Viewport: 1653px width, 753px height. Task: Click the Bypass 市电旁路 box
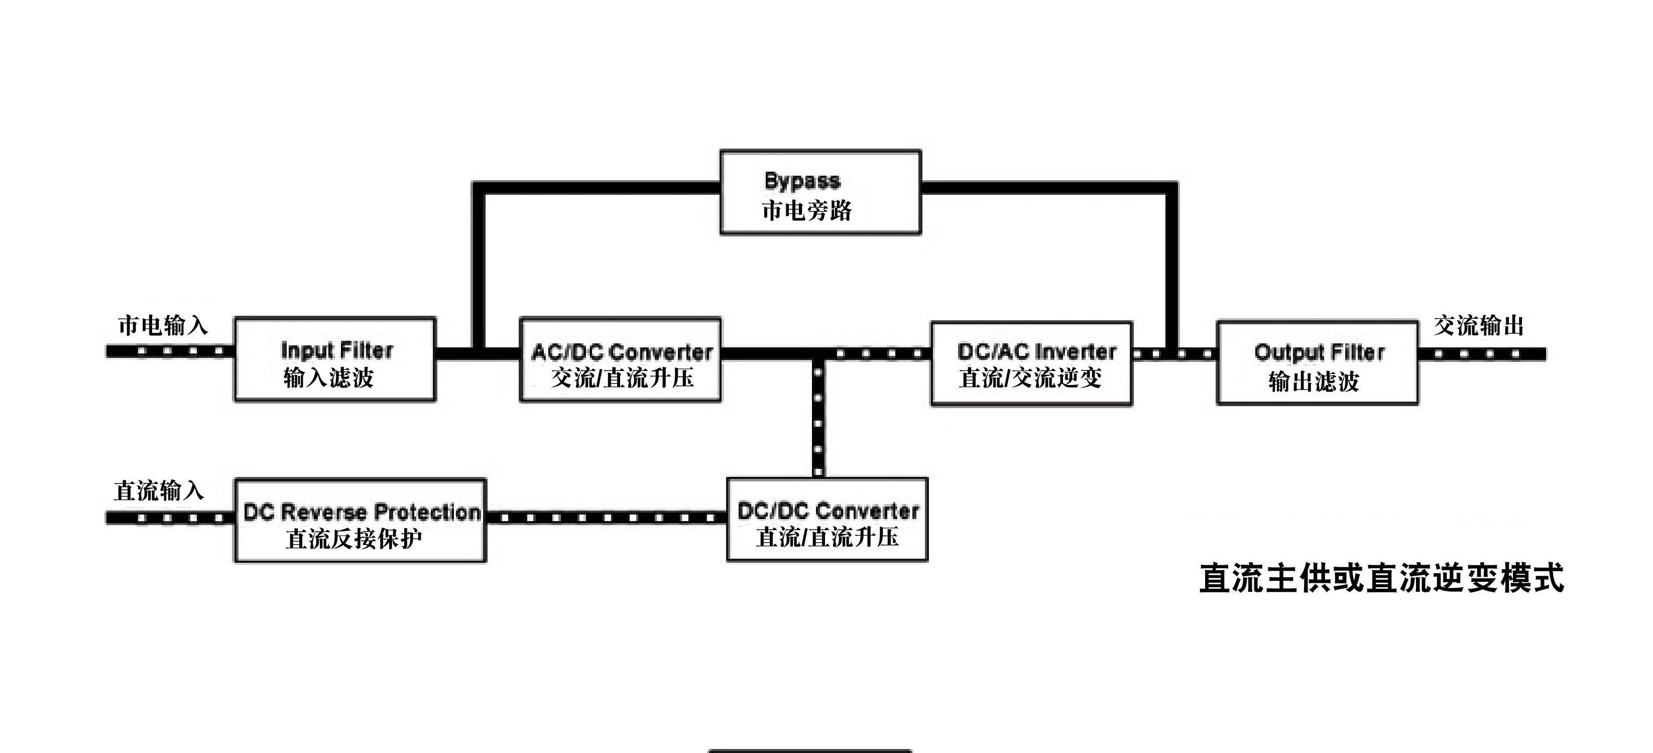[x=820, y=192]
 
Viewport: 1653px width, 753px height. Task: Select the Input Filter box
[x=335, y=359]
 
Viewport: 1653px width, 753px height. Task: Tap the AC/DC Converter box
[x=620, y=360]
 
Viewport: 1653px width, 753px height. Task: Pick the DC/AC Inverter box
[x=1031, y=363]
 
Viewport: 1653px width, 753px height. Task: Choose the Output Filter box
[x=1317, y=363]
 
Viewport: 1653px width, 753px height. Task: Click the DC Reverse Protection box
[x=360, y=521]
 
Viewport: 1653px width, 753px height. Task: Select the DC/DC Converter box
[x=827, y=520]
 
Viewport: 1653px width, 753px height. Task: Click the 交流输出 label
[x=1478, y=325]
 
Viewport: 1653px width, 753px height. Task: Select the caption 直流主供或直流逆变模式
[x=1381, y=578]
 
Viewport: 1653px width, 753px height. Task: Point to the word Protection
[x=427, y=512]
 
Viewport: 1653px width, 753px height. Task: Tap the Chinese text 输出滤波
[x=1314, y=382]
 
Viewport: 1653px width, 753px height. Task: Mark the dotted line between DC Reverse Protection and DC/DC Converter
[x=607, y=518]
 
